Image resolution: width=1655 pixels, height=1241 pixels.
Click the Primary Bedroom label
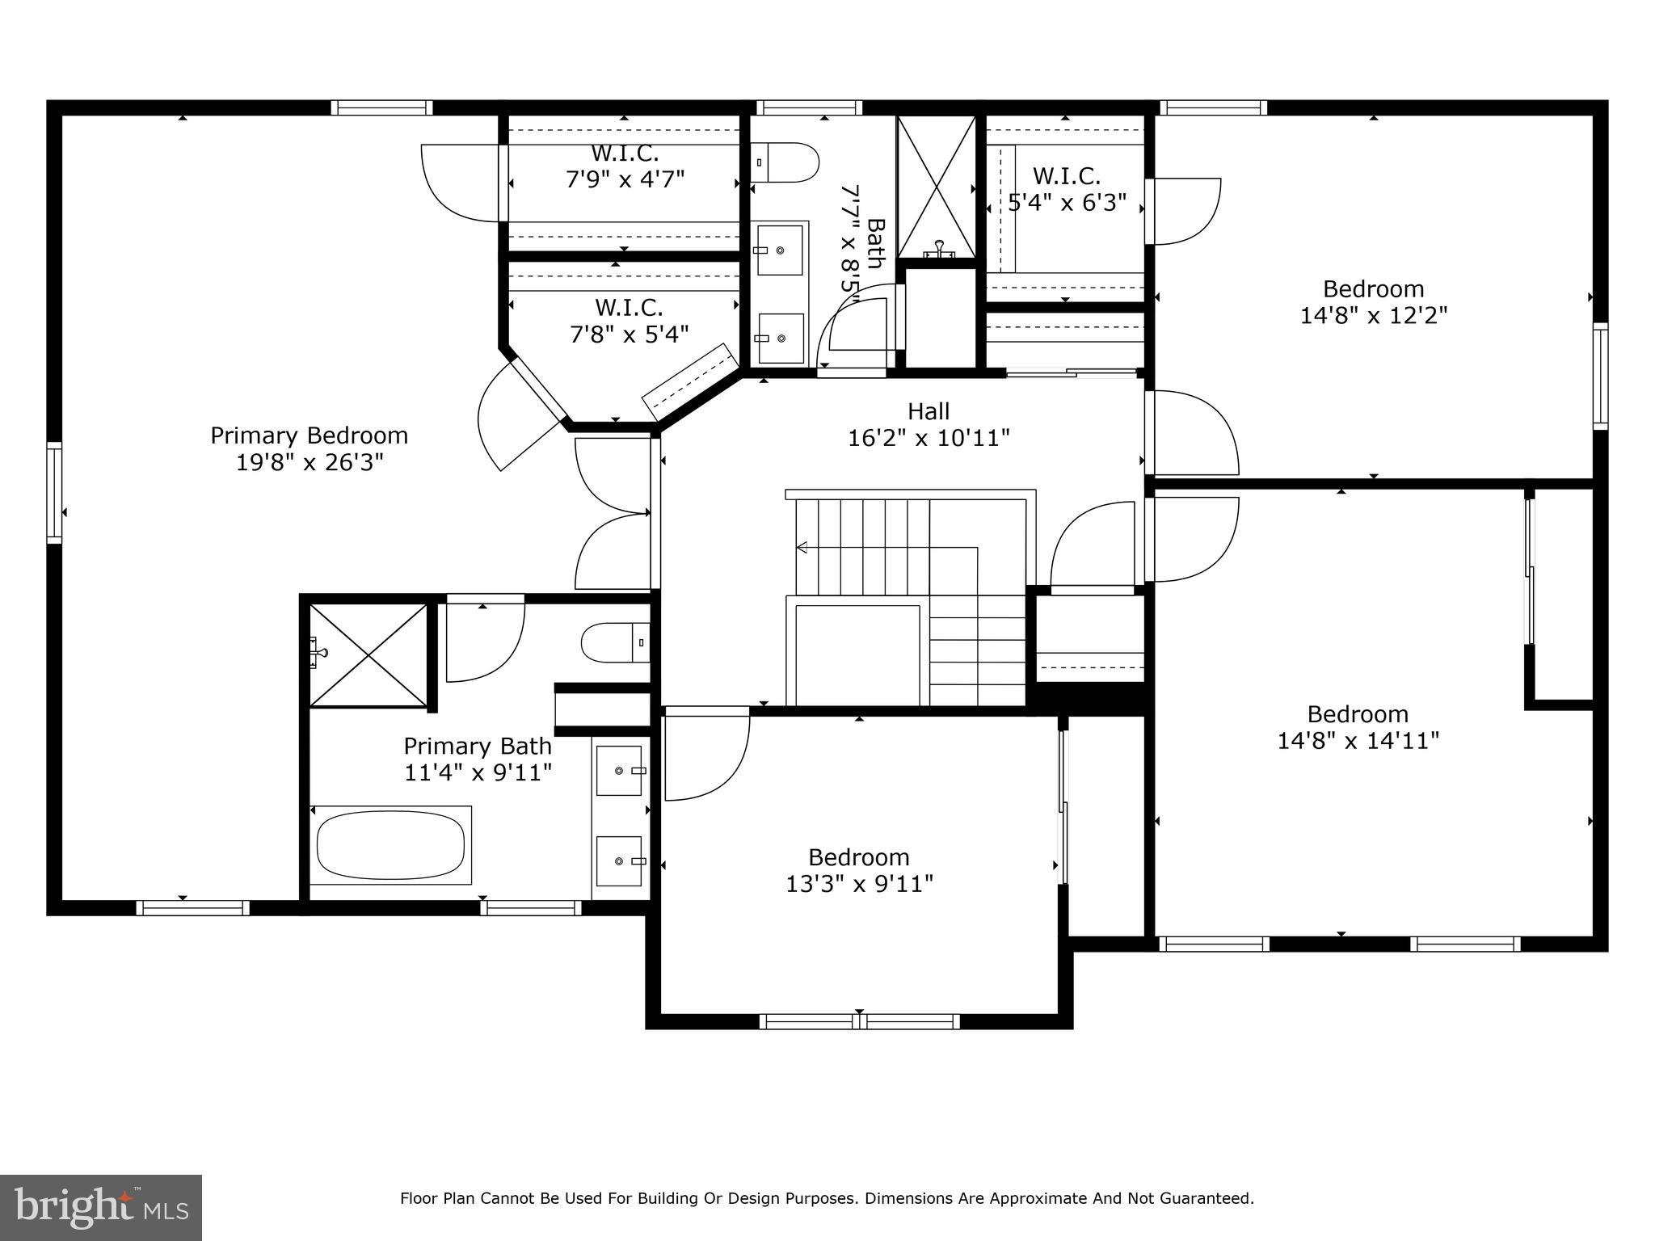pyautogui.click(x=309, y=436)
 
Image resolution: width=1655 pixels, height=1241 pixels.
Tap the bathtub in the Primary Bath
pyautogui.click(x=391, y=845)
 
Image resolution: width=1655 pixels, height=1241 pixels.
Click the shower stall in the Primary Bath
pyautogui.click(x=368, y=656)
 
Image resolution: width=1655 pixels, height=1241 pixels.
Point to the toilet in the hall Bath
pyautogui.click(x=785, y=163)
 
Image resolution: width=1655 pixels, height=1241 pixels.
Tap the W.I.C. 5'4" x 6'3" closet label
pyautogui.click(x=1067, y=189)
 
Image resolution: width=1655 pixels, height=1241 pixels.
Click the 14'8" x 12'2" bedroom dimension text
pyautogui.click(x=1373, y=315)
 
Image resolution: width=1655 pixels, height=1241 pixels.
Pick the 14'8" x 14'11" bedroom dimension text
pyautogui.click(x=1358, y=741)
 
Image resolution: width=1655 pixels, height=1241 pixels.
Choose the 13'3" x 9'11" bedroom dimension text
pyautogui.click(x=859, y=884)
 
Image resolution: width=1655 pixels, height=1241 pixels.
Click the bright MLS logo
pyautogui.click(x=100, y=1207)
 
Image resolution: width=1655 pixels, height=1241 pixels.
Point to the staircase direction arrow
pyautogui.click(x=802, y=548)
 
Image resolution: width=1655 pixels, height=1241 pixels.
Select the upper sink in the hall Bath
pyautogui.click(x=780, y=250)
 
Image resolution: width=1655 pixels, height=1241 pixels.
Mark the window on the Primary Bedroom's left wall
pyautogui.click(x=54, y=492)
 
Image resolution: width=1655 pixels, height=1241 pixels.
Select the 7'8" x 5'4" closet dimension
pyautogui.click(x=629, y=334)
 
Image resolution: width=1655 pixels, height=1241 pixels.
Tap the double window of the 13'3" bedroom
pyautogui.click(x=859, y=1021)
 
